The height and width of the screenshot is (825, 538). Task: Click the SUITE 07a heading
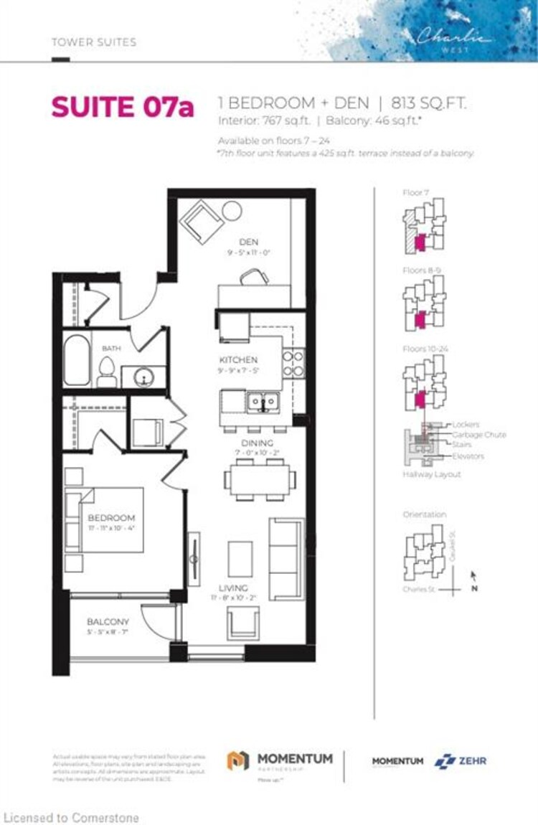122,108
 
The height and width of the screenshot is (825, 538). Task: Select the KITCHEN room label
238,359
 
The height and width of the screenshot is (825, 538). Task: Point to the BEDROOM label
111,517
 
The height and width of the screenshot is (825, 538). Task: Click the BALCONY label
108,621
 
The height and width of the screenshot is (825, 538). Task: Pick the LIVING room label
229,588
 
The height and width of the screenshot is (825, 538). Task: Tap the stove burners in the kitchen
293,363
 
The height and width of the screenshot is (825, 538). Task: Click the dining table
260,479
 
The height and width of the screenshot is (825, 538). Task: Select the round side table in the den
232,211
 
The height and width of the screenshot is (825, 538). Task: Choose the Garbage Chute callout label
478,435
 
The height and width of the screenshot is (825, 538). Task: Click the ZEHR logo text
472,760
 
